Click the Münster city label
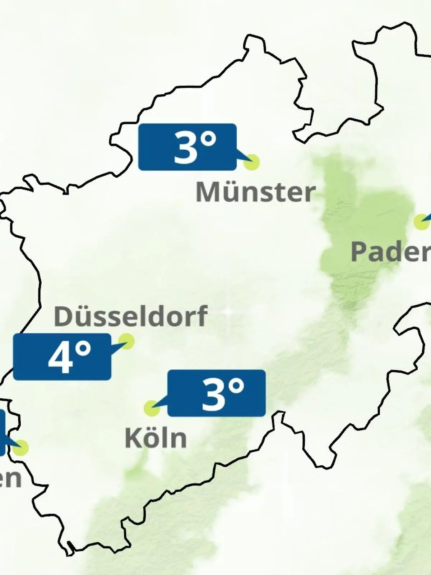click(x=255, y=192)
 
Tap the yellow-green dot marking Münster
click(x=251, y=162)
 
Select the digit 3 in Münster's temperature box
click(x=185, y=147)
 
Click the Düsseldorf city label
click(x=130, y=316)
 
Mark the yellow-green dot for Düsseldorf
click(x=126, y=341)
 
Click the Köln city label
click(x=156, y=438)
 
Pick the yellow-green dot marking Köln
click(x=152, y=408)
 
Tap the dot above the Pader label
click(x=421, y=222)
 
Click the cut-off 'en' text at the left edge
click(x=10, y=479)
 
